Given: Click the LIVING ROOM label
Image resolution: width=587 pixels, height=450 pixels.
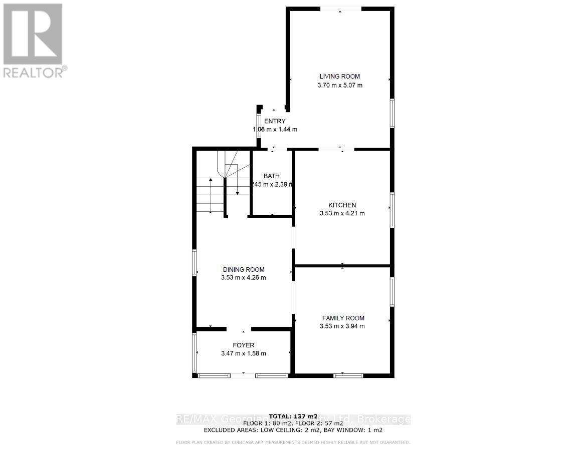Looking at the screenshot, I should [x=340, y=77].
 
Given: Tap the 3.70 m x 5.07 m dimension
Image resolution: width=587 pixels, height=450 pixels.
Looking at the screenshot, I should [x=340, y=85].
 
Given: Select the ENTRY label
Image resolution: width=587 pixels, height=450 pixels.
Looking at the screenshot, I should [x=275, y=121].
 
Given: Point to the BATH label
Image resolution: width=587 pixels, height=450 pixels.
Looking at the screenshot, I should [x=272, y=176].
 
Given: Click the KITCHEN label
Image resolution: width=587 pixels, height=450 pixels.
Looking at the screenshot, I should [x=342, y=205].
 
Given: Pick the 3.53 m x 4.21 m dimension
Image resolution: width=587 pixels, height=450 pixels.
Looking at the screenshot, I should [x=342, y=213].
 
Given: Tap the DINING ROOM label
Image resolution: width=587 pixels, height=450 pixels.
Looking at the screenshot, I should [x=244, y=270].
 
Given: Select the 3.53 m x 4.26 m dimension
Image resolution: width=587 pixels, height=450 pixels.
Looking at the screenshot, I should [x=244, y=278].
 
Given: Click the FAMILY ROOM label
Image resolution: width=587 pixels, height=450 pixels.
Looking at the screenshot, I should [x=343, y=318].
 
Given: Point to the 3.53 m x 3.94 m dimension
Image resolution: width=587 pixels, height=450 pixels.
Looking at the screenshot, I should [x=342, y=326].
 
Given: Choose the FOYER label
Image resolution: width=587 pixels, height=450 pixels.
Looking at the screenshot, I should [x=244, y=345].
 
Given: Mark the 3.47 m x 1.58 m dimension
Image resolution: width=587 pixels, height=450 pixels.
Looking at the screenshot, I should [x=244, y=353].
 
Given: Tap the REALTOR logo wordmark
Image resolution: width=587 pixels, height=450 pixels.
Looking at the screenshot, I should [x=33, y=73].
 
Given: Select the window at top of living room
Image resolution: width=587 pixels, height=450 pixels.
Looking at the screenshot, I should [x=340, y=9].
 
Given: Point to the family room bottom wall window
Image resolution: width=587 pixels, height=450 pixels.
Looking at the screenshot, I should [x=348, y=375].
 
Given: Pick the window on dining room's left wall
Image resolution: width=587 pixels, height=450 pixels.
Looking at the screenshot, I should [x=194, y=262].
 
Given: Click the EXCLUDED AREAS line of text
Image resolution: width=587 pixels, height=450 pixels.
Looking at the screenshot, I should [x=293, y=430].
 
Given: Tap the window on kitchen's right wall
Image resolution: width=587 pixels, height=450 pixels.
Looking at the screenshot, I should [x=392, y=210].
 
